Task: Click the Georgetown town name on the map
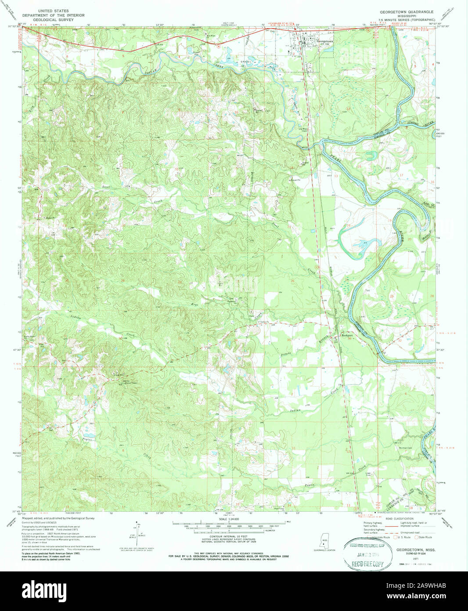click(x=324, y=41)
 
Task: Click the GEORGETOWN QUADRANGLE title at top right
click(x=407, y=12)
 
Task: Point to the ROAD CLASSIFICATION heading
click(x=398, y=519)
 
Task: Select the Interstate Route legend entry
click(x=378, y=537)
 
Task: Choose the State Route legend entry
click(x=423, y=537)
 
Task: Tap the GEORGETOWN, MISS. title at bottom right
click(x=413, y=549)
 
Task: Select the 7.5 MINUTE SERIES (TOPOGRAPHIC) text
click(x=407, y=20)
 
